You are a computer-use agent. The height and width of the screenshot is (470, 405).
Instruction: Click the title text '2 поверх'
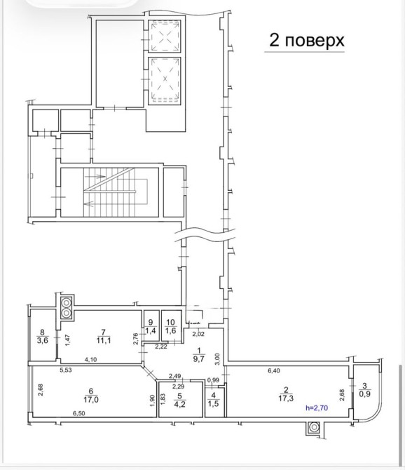click(307, 40)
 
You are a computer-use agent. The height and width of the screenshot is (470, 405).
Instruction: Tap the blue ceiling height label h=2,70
click(317, 408)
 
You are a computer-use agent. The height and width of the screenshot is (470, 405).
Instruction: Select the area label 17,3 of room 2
click(286, 398)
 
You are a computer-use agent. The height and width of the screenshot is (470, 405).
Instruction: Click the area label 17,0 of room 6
click(91, 400)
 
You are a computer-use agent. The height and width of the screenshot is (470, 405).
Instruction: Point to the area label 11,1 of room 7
click(104, 340)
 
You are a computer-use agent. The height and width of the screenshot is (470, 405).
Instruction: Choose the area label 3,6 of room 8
click(42, 340)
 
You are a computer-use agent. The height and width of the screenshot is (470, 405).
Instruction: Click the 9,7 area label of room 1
click(198, 358)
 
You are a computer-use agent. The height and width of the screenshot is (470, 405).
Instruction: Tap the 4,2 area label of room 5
click(179, 404)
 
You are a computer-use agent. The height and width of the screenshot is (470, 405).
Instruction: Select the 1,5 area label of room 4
click(213, 403)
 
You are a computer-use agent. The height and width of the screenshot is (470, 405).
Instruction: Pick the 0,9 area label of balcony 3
click(364, 394)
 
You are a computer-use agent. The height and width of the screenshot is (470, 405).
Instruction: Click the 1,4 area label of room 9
click(151, 330)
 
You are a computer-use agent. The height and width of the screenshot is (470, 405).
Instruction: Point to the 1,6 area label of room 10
click(171, 330)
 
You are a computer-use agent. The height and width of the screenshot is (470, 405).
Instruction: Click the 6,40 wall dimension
click(273, 371)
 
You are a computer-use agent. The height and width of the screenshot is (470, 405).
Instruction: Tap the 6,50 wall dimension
click(78, 413)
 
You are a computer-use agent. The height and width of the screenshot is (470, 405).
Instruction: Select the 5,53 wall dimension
click(66, 370)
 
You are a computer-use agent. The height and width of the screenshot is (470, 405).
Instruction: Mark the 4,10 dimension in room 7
click(90, 359)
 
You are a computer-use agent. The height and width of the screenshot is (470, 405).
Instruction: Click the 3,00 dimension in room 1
click(217, 359)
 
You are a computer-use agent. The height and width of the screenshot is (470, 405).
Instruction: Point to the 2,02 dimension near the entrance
click(198, 334)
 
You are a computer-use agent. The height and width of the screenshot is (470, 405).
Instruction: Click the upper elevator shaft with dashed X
click(165, 36)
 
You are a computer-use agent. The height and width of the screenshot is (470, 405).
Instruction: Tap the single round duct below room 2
click(313, 427)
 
